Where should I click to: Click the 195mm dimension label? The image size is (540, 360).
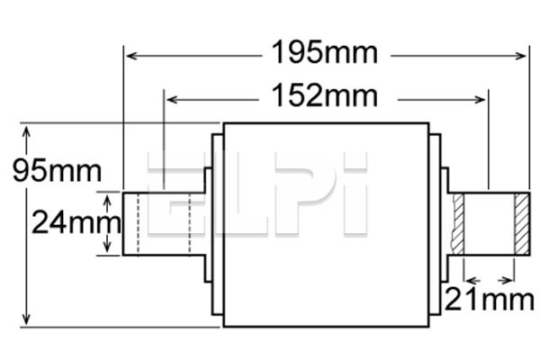tap(323, 53)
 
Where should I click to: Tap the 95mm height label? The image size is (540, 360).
tap(50, 169)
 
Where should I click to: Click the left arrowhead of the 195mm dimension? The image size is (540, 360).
tap(130, 56)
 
